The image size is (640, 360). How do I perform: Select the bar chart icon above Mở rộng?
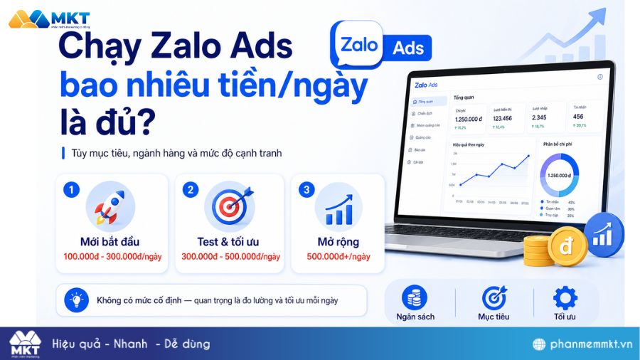coord(338,206)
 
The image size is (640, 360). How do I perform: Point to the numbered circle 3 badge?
coord(306,190)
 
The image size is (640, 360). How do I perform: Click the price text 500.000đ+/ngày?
coord(338,257)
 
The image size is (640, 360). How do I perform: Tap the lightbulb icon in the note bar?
coord(75,300)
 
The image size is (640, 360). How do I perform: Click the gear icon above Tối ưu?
coord(565,297)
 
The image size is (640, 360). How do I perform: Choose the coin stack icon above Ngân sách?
coord(415,297)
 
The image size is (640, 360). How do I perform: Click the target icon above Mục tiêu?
coord(494,297)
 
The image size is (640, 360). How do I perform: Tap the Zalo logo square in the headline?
coord(357,45)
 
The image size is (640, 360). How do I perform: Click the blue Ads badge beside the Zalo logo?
coord(408,48)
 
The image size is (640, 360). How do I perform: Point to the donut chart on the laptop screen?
coord(559,175)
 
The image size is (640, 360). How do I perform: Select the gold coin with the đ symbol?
coord(567,247)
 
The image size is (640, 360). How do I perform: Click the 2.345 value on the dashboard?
coord(539,118)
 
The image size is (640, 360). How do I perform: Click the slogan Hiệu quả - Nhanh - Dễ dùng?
coord(132,344)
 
